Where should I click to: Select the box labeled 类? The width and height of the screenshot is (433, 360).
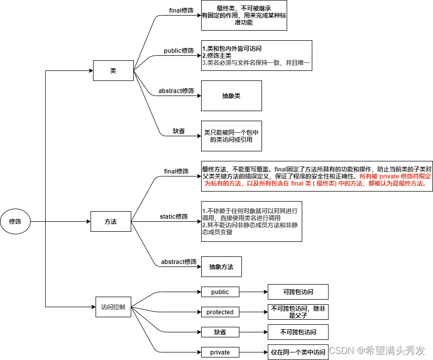[x=113, y=71]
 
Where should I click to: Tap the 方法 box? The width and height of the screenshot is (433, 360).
[x=111, y=221]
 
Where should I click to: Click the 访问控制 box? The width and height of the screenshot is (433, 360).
[x=113, y=307]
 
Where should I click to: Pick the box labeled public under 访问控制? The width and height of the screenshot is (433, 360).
[x=220, y=292]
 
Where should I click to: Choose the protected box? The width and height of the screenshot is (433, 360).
[x=220, y=312]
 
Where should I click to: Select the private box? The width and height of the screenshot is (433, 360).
[x=220, y=352]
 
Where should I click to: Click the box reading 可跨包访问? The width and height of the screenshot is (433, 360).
[x=298, y=292]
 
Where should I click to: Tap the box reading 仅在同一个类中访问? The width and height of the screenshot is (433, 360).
[x=298, y=352]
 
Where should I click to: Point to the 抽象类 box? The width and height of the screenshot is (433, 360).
[x=231, y=96]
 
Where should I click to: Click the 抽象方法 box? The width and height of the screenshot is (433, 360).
[x=221, y=266]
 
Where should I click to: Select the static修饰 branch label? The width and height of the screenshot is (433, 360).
[x=174, y=217]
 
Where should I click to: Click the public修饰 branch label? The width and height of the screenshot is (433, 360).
[x=179, y=51]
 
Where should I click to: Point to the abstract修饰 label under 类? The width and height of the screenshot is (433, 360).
[x=176, y=91]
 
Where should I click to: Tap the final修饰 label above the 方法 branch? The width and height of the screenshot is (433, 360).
[x=176, y=171]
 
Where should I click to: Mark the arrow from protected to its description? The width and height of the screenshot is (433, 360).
[x=253, y=312]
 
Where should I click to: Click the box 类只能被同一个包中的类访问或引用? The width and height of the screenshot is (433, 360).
[x=231, y=136]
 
